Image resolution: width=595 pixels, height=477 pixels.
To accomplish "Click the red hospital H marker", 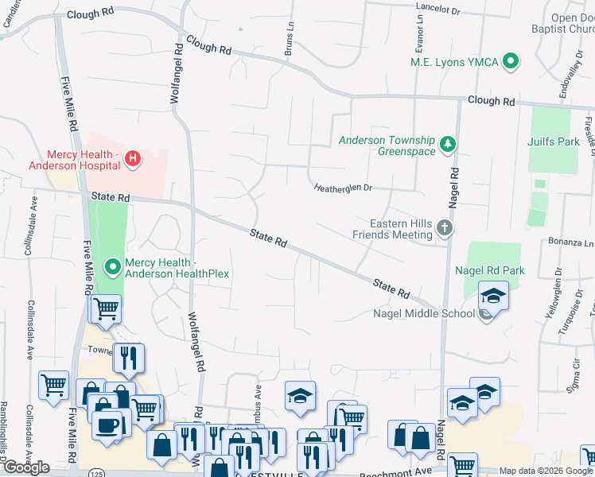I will click(133, 159).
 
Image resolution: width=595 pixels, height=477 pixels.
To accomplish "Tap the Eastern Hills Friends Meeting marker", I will click(445, 230).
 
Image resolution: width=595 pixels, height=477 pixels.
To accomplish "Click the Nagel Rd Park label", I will click(489, 270).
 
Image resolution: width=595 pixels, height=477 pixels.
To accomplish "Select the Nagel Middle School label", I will click(423, 312).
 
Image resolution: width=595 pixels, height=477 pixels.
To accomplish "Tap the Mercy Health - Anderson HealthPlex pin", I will click(112, 268).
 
